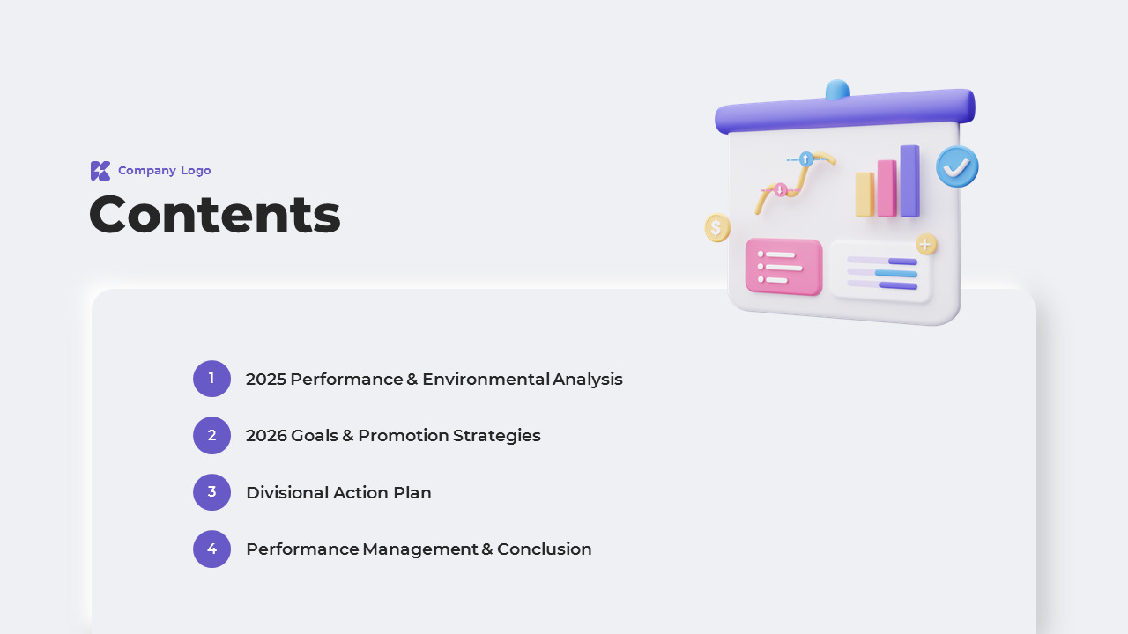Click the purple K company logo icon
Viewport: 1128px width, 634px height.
[x=100, y=171]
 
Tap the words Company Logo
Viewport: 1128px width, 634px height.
[x=165, y=171]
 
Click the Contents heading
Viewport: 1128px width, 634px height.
[x=215, y=215]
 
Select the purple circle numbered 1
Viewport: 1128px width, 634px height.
[x=212, y=379]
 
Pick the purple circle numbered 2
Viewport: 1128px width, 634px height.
[x=212, y=435]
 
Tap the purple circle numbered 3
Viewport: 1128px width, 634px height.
[x=212, y=492]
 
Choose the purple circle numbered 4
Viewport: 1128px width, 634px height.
[x=212, y=549]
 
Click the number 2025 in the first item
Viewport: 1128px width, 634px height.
[x=266, y=379]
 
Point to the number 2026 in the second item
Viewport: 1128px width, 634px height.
[x=266, y=435]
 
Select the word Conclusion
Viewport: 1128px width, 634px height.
[x=545, y=549]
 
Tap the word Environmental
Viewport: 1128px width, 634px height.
[x=486, y=379]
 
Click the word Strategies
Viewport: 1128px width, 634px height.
[x=496, y=436]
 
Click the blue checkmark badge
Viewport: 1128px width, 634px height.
[x=957, y=166]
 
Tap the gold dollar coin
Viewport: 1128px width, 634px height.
[x=717, y=227]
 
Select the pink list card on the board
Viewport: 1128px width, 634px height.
[x=783, y=267]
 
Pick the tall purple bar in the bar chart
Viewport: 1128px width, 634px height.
[x=910, y=181]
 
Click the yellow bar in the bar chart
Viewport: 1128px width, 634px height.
[x=865, y=195]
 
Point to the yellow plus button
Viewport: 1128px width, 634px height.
[x=925, y=245]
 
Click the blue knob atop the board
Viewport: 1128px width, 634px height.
[x=837, y=89]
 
